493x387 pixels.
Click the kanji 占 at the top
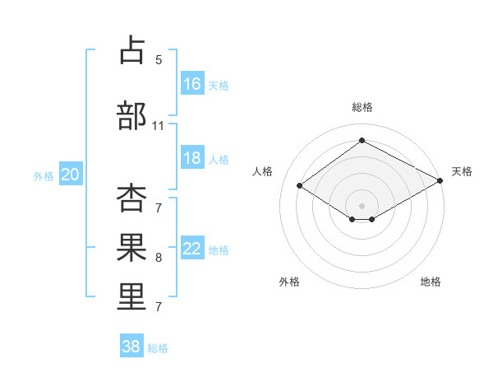pos(132,49)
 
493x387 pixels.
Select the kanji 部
pos(131,115)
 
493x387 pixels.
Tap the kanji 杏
pos(131,198)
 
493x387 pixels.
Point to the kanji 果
pos(131,247)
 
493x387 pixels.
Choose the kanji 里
pos(131,297)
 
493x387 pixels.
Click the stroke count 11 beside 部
pos(158,126)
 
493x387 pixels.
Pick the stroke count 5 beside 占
pos(159,60)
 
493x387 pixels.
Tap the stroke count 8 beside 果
pos(159,258)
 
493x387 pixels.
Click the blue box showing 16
pos(193,83)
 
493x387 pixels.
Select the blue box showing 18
pos(193,157)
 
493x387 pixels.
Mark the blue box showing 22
pos(193,247)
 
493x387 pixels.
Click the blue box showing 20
pos(71,174)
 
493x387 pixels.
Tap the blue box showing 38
pos(131,345)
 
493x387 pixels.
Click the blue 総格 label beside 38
pos(158,348)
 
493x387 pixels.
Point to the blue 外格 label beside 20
pos(44,176)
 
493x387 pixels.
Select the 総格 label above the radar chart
pos(362,107)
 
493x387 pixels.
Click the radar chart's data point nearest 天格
pos(440,180)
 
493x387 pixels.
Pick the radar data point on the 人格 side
pos(300,185)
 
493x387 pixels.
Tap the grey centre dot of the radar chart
pos(362,206)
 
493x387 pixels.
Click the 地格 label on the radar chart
pos(431,282)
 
